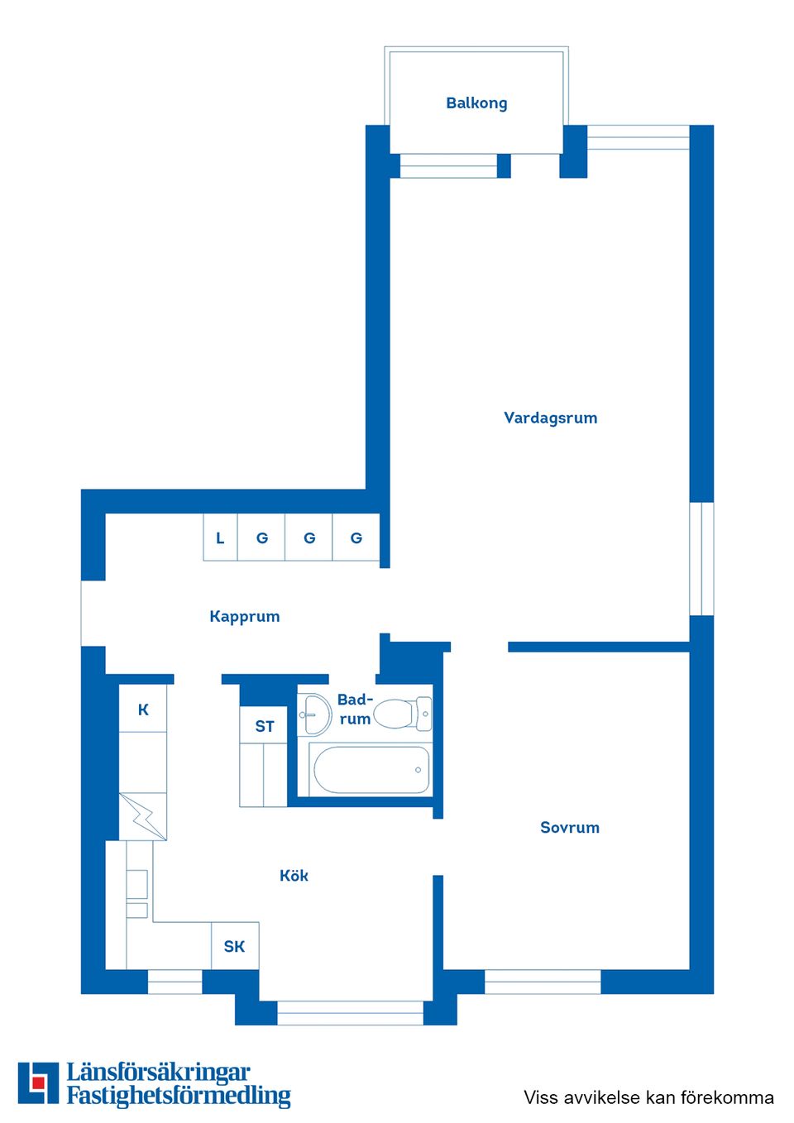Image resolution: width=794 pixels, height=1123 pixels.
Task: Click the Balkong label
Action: tap(476, 103)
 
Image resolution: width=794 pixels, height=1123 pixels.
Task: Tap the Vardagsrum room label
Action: tap(550, 418)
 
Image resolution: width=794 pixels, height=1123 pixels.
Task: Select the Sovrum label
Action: tap(569, 827)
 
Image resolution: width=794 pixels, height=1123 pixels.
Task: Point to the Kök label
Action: tap(294, 876)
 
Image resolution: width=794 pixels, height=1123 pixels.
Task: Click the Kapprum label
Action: tap(244, 616)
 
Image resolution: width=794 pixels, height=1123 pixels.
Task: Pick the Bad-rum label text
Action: tap(355, 710)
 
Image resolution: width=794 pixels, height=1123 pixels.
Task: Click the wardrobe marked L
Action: tap(220, 538)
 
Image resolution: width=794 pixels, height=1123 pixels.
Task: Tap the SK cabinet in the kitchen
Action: tap(235, 946)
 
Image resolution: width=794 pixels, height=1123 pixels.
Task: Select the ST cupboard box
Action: tap(264, 725)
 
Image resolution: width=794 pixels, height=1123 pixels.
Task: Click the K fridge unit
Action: tap(143, 709)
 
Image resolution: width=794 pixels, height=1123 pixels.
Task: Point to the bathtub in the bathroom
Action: tap(371, 770)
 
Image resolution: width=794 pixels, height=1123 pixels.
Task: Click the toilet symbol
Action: tap(402, 714)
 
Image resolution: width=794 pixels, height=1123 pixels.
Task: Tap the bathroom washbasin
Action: tap(314, 714)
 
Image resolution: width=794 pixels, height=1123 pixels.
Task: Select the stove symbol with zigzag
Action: tap(142, 816)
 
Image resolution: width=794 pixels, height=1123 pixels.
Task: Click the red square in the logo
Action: tap(38, 1082)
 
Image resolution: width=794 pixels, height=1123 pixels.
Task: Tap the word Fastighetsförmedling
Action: tap(179, 1096)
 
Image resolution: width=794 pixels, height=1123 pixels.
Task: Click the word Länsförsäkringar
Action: tap(158, 1073)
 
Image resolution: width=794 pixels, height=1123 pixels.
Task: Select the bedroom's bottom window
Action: tap(543, 982)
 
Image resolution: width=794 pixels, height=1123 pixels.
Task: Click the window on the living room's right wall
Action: tap(701, 558)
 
